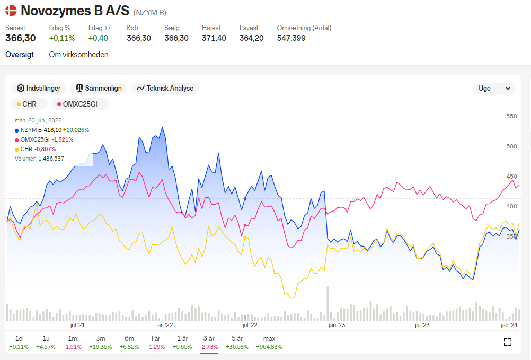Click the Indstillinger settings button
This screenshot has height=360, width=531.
tap(39, 89)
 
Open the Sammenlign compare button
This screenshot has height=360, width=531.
tap(99, 89)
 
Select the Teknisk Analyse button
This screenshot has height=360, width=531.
tap(165, 89)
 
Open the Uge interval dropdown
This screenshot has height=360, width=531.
tap(494, 89)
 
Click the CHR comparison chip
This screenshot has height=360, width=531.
tap(30, 104)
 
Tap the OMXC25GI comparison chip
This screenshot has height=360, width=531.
tap(80, 104)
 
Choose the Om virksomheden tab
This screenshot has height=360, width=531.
tap(78, 55)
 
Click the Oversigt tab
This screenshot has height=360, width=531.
tap(20, 55)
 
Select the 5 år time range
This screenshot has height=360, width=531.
tap(237, 343)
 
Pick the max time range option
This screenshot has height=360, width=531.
tap(269, 343)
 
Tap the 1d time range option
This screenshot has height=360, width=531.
tap(19, 343)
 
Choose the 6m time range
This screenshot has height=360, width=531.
tap(129, 343)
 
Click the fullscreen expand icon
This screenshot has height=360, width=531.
tap(507, 342)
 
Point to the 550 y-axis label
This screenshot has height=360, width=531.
tap(511, 116)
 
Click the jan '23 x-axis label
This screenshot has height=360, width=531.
tap(337, 326)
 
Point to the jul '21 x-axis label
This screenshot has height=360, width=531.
tap(77, 326)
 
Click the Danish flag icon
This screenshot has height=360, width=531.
tap(11, 11)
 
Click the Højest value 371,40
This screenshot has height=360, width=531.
tap(214, 38)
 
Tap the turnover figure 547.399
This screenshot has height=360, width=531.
tap(291, 38)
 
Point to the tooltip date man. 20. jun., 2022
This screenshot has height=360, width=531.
tap(38, 120)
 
